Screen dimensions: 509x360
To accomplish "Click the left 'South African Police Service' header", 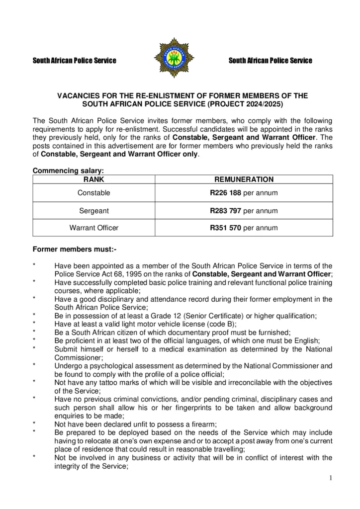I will pyautogui.click(x=74, y=61).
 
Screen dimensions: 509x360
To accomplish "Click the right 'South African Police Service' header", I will pyautogui.click(x=270, y=61).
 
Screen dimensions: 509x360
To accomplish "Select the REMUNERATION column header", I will pyautogui.click(x=244, y=179).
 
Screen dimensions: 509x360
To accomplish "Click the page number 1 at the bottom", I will pyautogui.click(x=330, y=478).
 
